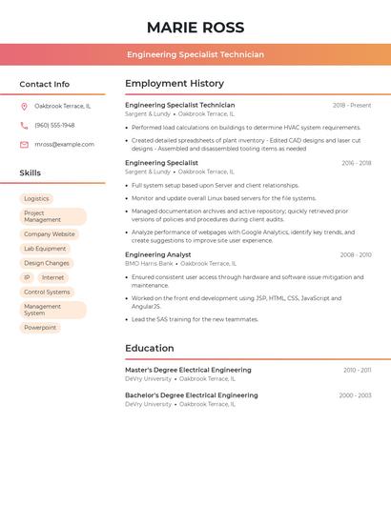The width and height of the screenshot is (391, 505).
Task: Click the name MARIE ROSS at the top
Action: pos(195,28)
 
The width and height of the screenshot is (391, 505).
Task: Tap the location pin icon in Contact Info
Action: pos(24,106)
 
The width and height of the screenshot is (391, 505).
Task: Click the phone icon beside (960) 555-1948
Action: pos(24,125)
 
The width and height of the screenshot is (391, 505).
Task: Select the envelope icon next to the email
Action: pos(24,145)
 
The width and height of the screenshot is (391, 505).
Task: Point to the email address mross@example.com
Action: pos(64,145)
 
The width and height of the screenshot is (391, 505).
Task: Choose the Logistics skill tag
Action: pos(36,198)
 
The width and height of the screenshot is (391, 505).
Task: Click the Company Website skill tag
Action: pos(49,233)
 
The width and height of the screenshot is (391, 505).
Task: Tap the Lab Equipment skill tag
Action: pos(45,249)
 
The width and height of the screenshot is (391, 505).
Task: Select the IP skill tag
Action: pos(27,277)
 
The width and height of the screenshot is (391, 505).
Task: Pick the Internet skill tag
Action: pos(52,277)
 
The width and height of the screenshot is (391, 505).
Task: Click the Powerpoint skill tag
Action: pos(40,328)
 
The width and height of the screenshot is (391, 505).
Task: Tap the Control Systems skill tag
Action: pos(47,292)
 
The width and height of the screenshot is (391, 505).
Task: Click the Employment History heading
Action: pos(175,84)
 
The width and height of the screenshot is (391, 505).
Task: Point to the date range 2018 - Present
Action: pos(352,106)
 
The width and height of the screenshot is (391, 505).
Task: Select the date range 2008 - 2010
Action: pos(355,255)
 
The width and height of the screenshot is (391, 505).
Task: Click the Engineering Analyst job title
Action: pos(158,254)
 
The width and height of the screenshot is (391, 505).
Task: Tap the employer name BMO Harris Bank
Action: pos(149,263)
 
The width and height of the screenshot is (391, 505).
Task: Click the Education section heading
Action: pos(150,348)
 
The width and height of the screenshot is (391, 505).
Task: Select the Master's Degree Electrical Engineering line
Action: pos(188,370)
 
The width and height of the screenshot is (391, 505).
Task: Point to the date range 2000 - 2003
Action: pos(355,394)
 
